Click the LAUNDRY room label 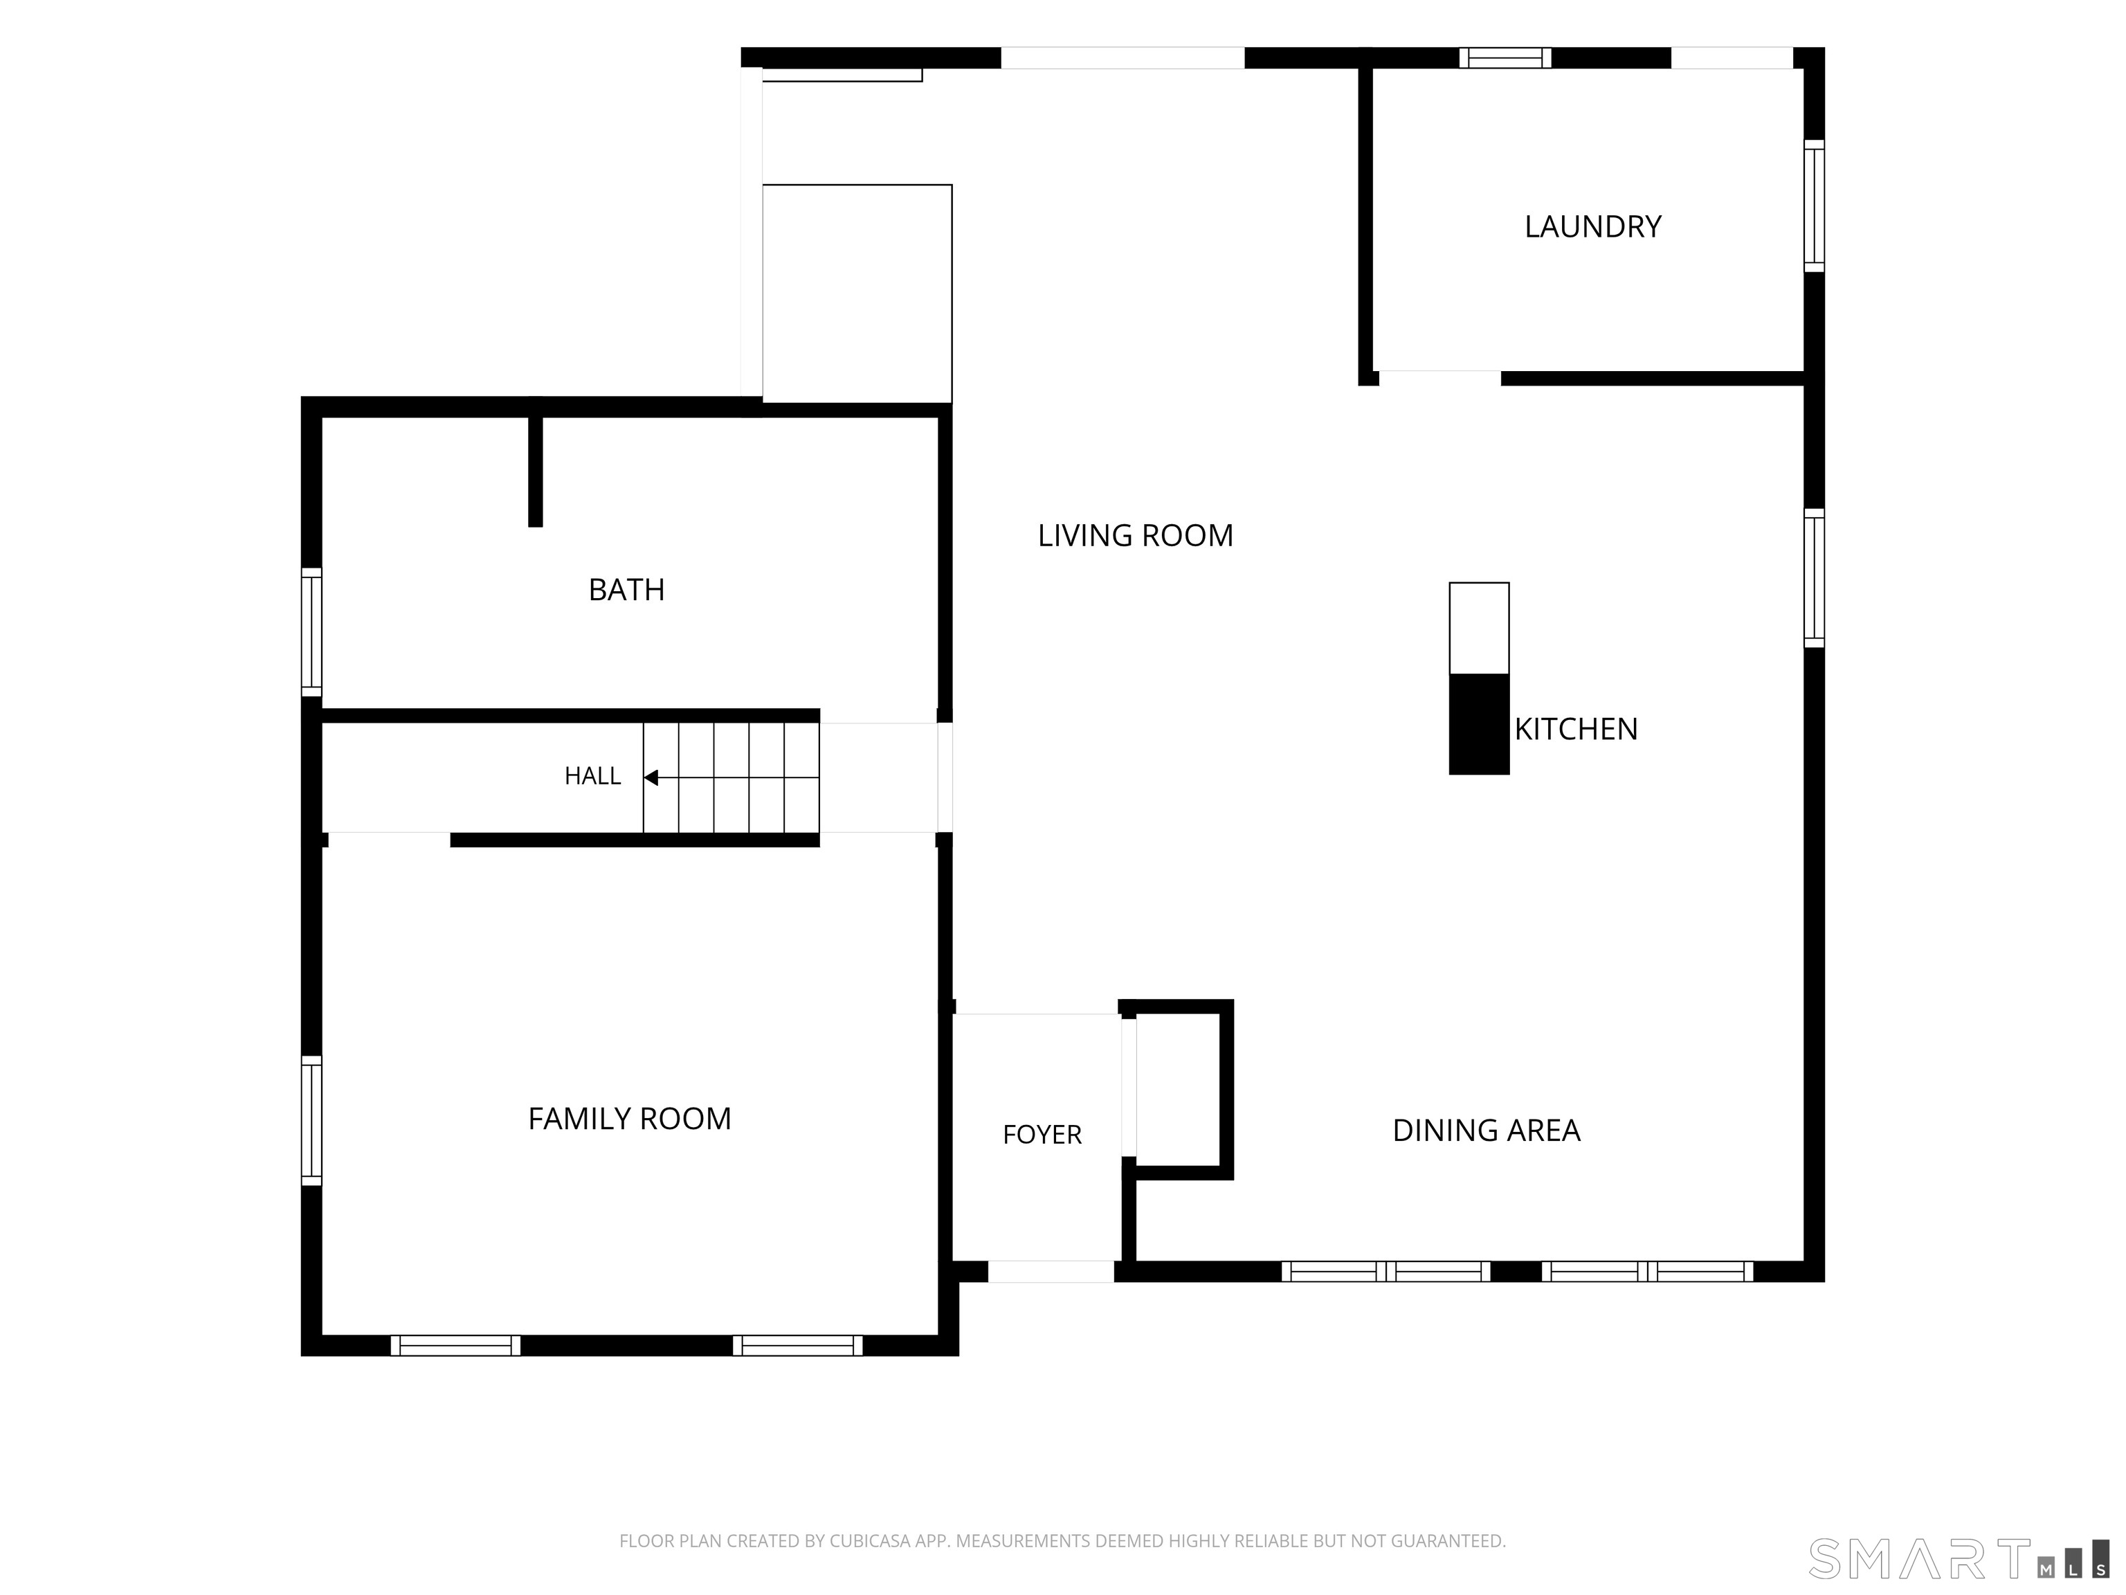point(1592,227)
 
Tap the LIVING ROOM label point(1135,536)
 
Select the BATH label point(626,589)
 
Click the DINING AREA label point(1486,1130)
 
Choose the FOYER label point(1042,1135)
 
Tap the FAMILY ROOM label point(630,1118)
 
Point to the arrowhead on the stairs point(651,777)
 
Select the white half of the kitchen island point(1479,628)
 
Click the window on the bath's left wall point(311,631)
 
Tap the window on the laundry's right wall point(1814,206)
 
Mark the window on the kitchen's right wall point(1814,578)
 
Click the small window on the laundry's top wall point(1505,57)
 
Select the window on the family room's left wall point(311,1120)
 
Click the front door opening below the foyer point(1051,1271)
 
